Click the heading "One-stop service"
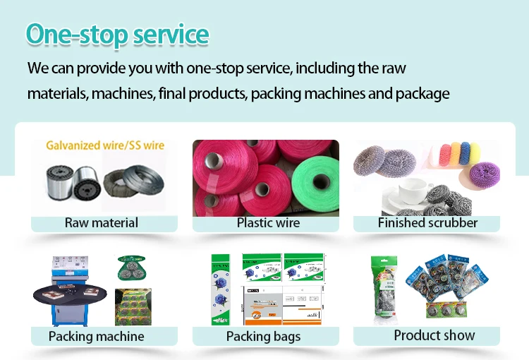click(117, 35)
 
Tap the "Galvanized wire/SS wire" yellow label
click(105, 145)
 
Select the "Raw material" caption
click(101, 223)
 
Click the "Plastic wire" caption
click(268, 223)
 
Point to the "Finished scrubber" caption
click(427, 223)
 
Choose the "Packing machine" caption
click(96, 337)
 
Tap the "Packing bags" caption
click(263, 337)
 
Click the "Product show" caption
click(434, 335)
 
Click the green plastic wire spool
click(315, 184)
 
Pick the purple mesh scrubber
click(485, 174)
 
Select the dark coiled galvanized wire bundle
click(134, 182)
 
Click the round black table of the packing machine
click(70, 295)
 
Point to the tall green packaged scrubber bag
click(384, 290)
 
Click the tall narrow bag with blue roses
click(220, 289)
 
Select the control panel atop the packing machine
click(70, 266)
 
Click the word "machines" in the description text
click(122, 94)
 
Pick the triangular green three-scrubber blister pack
click(131, 268)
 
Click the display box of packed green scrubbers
click(133, 307)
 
